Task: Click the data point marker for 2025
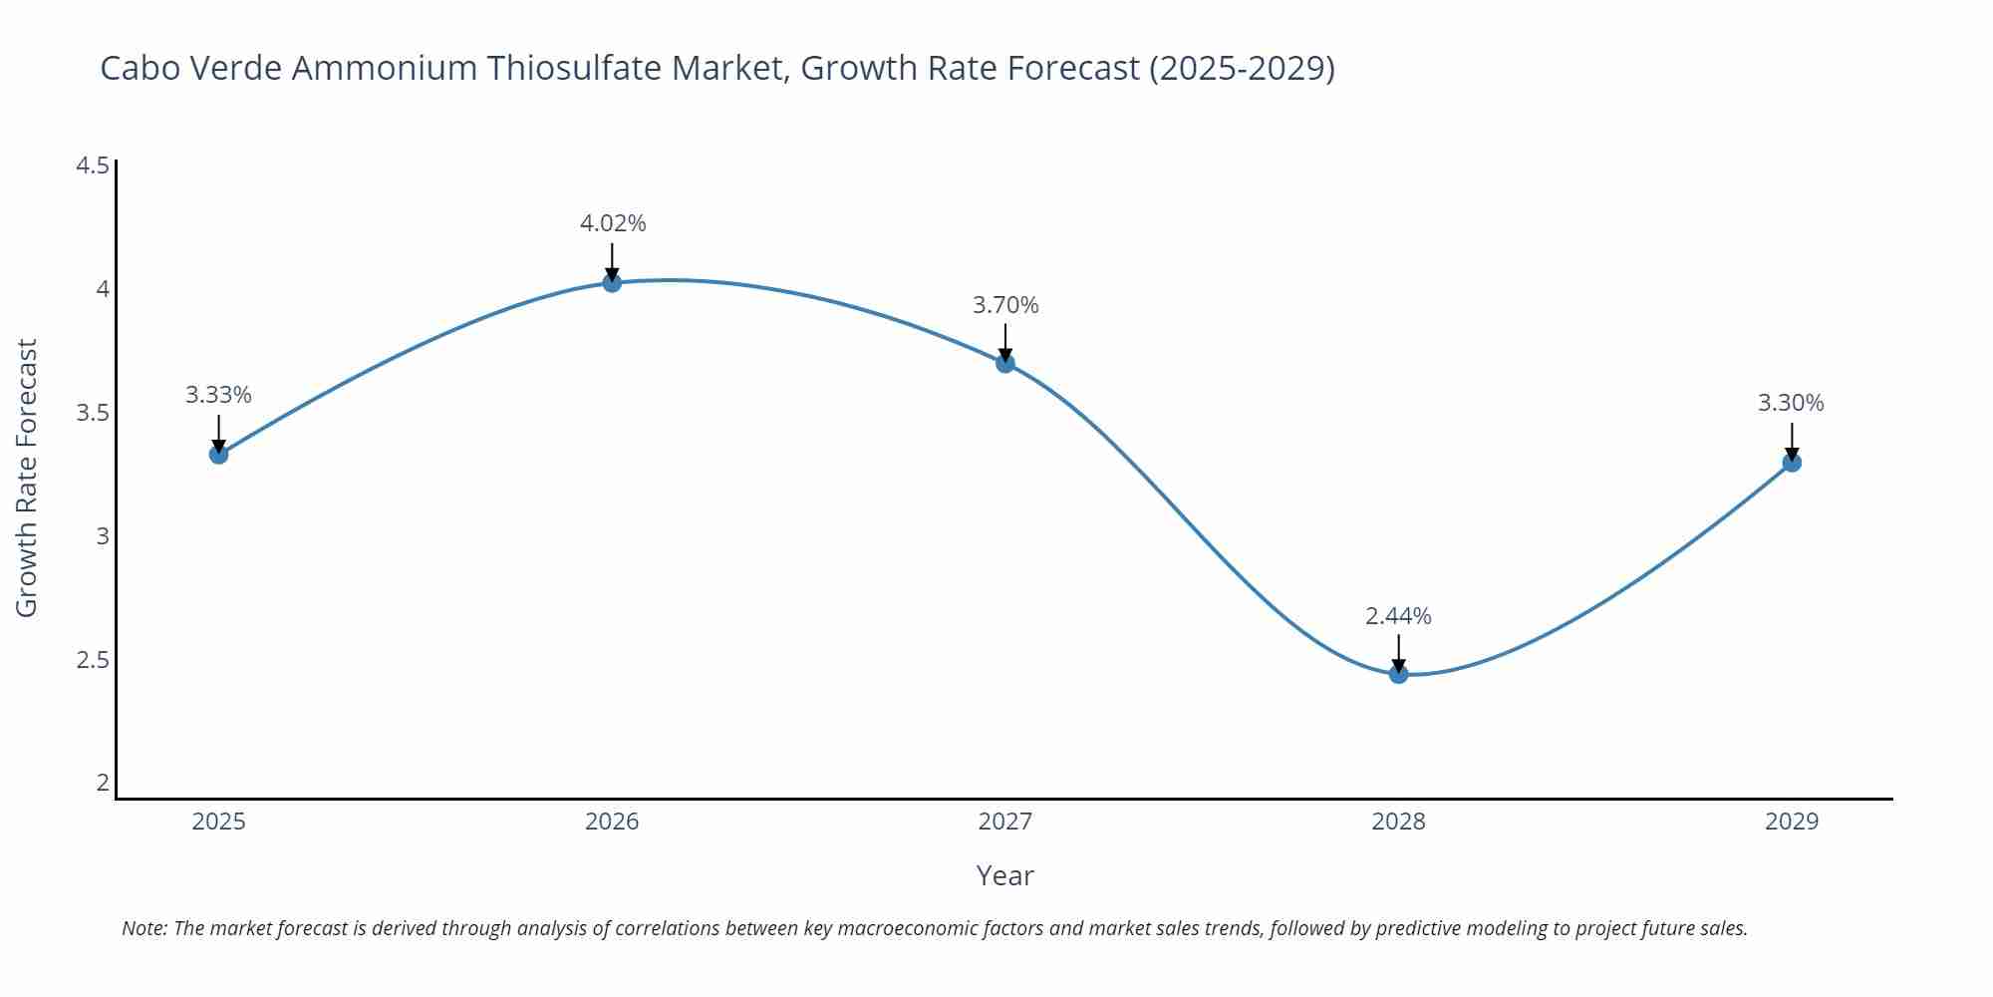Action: coord(218,455)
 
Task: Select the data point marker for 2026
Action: coord(612,283)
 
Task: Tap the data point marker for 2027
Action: coord(1005,363)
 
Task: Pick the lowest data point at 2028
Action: coord(1398,674)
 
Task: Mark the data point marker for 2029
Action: coord(1792,463)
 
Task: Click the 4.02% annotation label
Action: coord(613,223)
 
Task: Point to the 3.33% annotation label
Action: coord(218,395)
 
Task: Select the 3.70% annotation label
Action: coord(1005,305)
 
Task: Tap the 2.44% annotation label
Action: coord(1398,616)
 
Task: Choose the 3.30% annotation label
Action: coord(1791,403)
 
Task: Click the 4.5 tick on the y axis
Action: coord(93,166)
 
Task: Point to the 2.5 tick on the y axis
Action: coord(93,660)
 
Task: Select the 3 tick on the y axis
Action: coord(102,536)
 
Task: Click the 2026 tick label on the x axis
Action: coord(612,822)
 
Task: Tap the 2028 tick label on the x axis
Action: coord(1398,822)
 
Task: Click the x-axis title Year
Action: coord(1004,875)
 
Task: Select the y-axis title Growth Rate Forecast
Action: coord(27,478)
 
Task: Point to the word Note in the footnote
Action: coord(144,928)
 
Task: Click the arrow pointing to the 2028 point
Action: coord(1398,653)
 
